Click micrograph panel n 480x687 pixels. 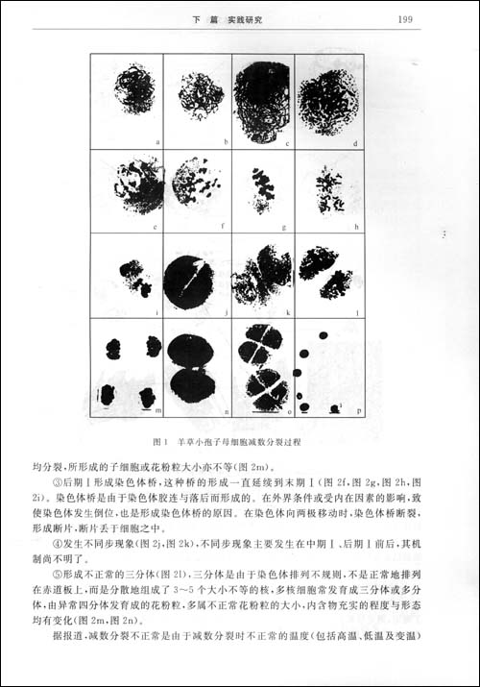tap(197, 369)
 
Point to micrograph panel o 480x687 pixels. tap(262, 369)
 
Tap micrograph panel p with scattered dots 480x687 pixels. tap(328, 369)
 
